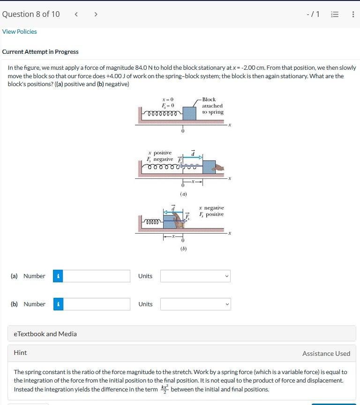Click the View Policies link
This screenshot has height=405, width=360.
[19, 31]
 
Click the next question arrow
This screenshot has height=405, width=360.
[96, 14]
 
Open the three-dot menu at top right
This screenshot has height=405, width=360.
[352, 14]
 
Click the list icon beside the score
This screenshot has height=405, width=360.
[334, 14]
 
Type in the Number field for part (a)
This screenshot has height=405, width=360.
[96, 276]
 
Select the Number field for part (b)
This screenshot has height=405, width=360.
[96, 304]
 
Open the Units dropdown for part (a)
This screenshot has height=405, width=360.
[195, 276]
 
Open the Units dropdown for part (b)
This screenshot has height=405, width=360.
[195, 304]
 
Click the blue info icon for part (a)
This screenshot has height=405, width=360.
[58, 276]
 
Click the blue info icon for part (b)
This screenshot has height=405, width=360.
[58, 304]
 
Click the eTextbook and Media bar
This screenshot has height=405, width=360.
[181, 334]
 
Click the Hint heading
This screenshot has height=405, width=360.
[20, 353]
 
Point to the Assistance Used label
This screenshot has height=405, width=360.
[326, 353]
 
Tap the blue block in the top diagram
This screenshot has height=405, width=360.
[189, 113]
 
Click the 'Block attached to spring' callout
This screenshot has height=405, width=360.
[212, 106]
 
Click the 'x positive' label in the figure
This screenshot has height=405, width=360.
[160, 153]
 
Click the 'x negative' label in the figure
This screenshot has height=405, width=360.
[211, 207]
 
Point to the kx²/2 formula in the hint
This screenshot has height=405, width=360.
[165, 389]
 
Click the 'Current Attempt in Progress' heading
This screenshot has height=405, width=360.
[40, 52]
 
